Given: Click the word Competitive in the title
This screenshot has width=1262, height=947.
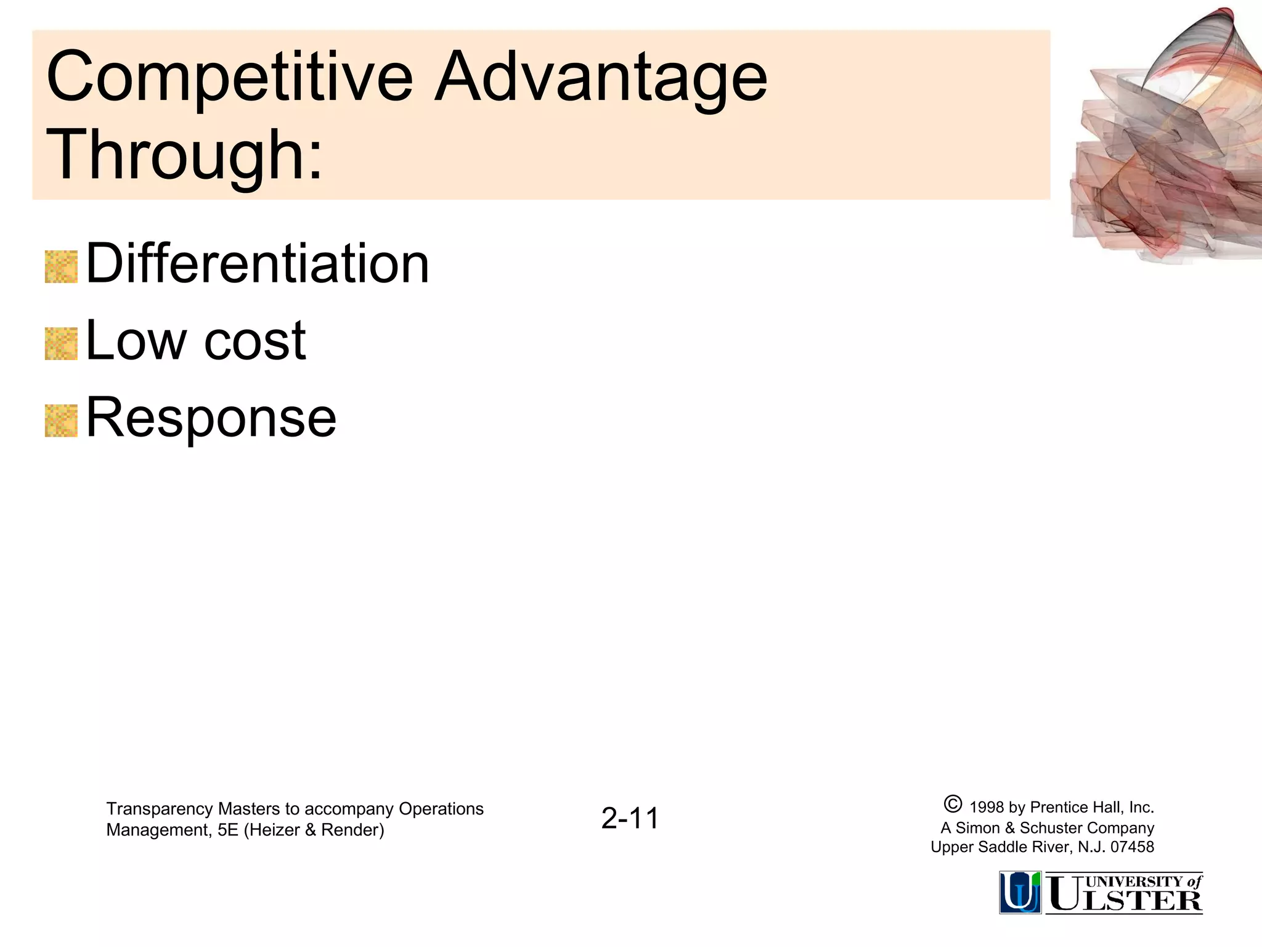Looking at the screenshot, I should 229,78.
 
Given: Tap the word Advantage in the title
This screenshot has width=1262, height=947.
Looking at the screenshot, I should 601,78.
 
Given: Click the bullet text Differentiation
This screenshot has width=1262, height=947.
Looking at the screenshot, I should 258,264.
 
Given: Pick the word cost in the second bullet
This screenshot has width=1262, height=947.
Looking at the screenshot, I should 254,342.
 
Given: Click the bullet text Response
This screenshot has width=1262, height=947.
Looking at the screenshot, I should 211,418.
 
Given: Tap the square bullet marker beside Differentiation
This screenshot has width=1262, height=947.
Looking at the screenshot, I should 61,267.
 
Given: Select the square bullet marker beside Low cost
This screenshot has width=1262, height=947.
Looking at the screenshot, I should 61,344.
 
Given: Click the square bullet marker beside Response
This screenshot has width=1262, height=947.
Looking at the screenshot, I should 61,421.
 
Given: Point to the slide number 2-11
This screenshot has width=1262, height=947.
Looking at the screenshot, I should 630,819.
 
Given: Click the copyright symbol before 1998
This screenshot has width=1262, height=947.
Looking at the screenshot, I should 952,805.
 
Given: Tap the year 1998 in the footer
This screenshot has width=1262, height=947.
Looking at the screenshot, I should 987,808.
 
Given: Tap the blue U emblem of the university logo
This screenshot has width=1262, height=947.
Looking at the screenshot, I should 1020,892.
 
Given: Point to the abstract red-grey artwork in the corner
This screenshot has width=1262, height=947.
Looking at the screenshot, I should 1165,142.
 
